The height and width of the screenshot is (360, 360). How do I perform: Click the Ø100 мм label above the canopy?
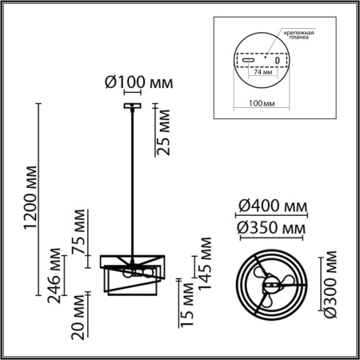(x=138, y=82)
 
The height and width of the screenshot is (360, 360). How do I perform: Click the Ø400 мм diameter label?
(x=272, y=209)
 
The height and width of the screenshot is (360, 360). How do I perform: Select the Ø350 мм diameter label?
(x=272, y=230)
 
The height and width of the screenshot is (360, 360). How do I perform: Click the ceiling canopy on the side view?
(x=130, y=104)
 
